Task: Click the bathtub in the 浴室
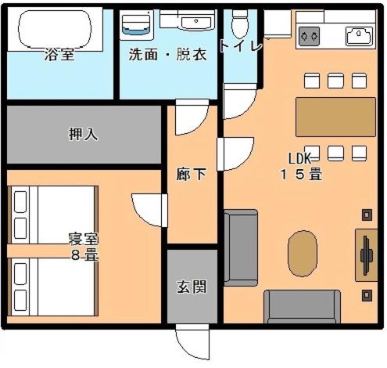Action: pyautogui.click(x=55, y=29)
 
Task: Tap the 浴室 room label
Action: pyautogui.click(x=59, y=55)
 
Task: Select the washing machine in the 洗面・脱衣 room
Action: pyautogui.click(x=136, y=25)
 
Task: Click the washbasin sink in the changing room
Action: pyautogui.click(x=196, y=23)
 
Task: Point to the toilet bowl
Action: pyautogui.click(x=240, y=25)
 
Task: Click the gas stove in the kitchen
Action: pyautogui.click(x=309, y=36)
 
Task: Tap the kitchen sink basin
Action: pyautogui.click(x=359, y=35)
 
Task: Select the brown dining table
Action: pyautogui.click(x=335, y=117)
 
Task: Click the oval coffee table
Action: pyautogui.click(x=303, y=254)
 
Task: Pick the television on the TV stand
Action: pyautogui.click(x=366, y=255)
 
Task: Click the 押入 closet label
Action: pyautogui.click(x=83, y=134)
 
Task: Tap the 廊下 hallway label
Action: pyautogui.click(x=192, y=174)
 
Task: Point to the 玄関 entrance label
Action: pyautogui.click(x=192, y=287)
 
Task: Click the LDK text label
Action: pyautogui.click(x=299, y=158)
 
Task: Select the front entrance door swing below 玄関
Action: pyautogui.click(x=192, y=342)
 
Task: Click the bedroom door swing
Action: pyautogui.click(x=149, y=211)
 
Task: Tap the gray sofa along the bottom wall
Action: pyautogui.click(x=303, y=307)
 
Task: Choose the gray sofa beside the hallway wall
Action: pyautogui.click(x=241, y=247)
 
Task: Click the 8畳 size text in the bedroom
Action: pyautogui.click(x=84, y=255)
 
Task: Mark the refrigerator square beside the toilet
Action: pyautogui.click(x=278, y=24)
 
